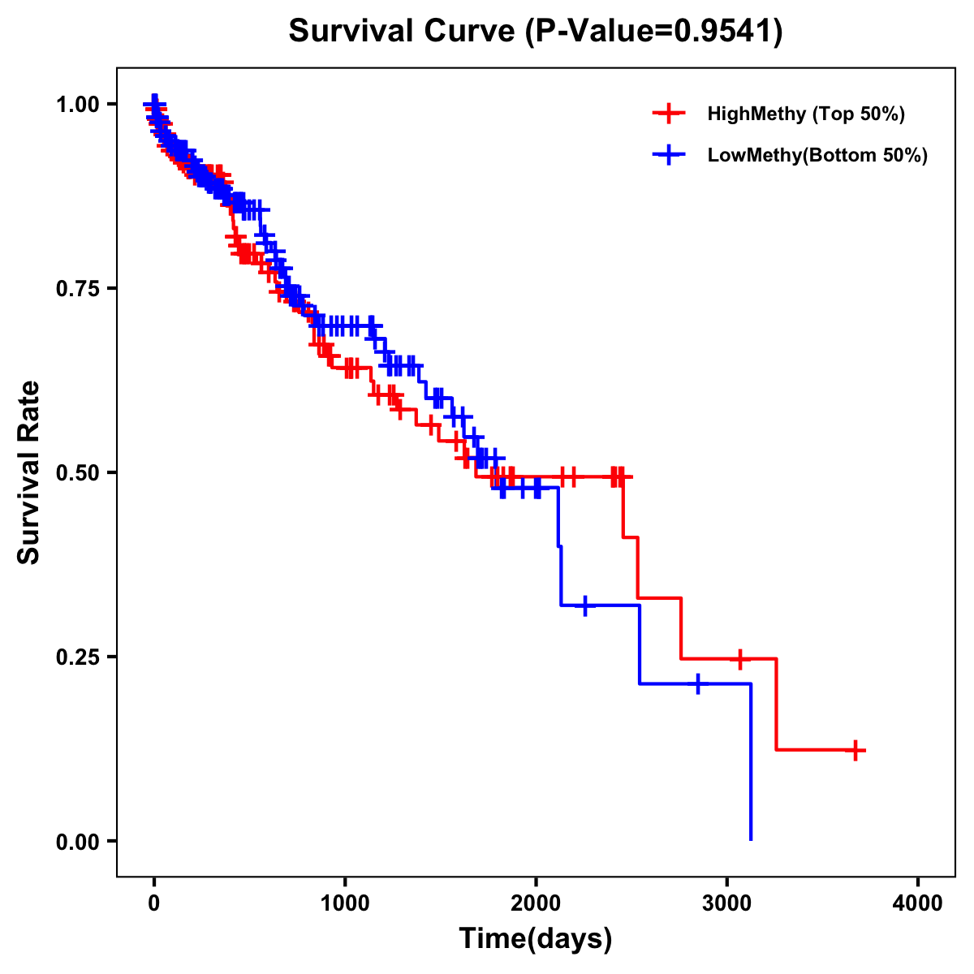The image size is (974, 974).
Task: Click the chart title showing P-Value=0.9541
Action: [x=536, y=32]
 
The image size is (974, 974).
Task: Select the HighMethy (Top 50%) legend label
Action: [x=806, y=114]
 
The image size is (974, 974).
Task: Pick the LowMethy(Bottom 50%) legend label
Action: [x=817, y=155]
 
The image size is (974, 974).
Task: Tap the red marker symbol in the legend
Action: [x=668, y=114]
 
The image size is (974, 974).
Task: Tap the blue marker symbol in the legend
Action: [x=668, y=155]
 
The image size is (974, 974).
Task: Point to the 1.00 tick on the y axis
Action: [x=77, y=105]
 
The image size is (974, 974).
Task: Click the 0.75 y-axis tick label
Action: [x=77, y=289]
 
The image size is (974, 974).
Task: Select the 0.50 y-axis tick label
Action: [x=77, y=472]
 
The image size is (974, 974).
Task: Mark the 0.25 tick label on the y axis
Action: [x=77, y=657]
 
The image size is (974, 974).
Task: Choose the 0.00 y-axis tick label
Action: [x=77, y=841]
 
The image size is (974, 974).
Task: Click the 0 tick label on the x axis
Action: [x=154, y=903]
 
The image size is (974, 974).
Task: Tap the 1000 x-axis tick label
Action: [x=345, y=903]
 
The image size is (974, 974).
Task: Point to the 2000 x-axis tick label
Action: [x=536, y=903]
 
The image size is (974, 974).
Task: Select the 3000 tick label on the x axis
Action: [x=726, y=903]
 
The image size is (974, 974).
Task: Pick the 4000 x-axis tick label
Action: [x=918, y=903]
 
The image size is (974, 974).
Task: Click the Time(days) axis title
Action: [x=536, y=939]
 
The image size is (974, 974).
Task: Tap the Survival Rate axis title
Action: [x=29, y=472]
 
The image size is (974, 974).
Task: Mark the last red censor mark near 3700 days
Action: [x=855, y=750]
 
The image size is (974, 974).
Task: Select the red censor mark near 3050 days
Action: [x=739, y=658]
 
